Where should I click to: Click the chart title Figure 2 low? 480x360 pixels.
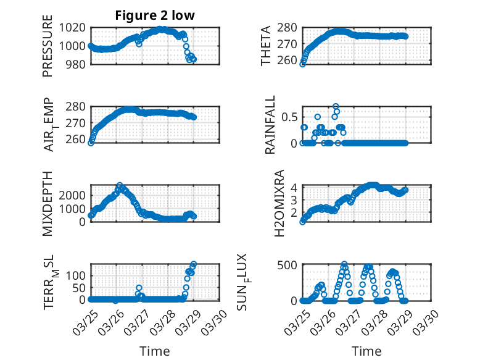(155, 16)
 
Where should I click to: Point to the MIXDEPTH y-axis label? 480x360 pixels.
(48, 203)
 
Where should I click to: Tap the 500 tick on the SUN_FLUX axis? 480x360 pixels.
(289, 265)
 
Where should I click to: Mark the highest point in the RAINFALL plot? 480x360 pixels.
(336, 106)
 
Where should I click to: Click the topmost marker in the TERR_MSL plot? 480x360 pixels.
(194, 264)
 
